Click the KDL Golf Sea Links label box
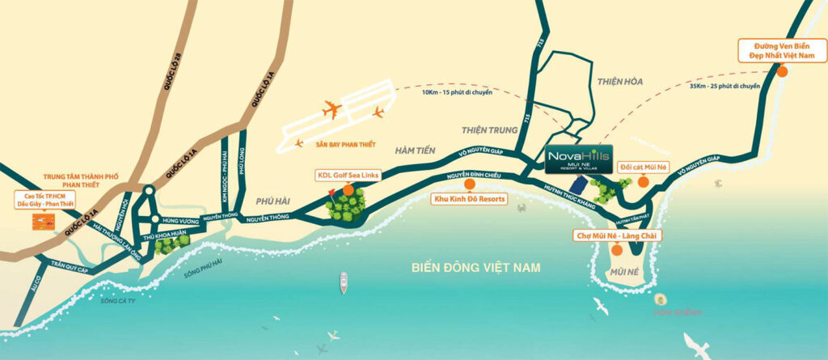coord(348,175)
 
